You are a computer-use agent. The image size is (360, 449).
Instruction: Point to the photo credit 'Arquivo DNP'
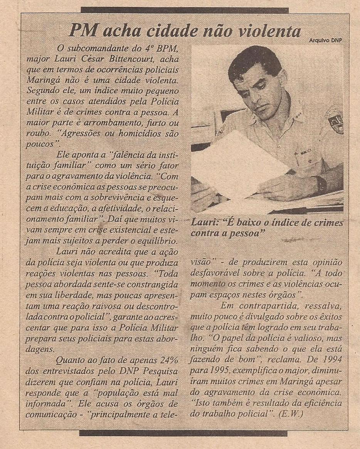tap(326, 40)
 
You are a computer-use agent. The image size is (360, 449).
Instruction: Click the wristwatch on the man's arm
tap(320, 184)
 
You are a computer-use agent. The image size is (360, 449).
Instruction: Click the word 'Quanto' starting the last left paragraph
tap(69, 361)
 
